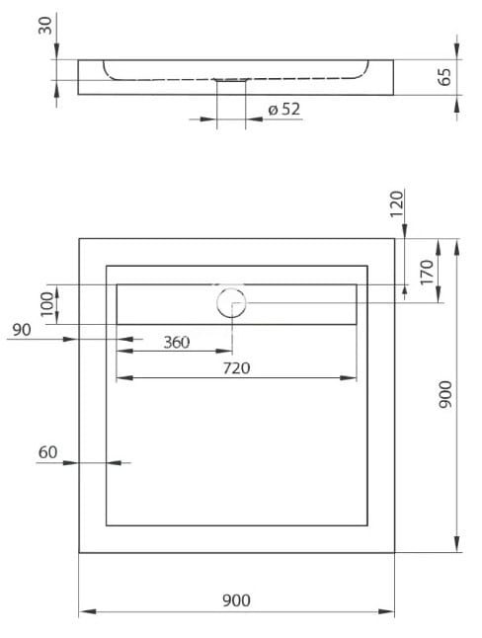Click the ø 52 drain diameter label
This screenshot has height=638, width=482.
284,110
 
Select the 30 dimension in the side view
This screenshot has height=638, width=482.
44,24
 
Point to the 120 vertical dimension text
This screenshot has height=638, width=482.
396,203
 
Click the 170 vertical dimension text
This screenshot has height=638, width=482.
426,271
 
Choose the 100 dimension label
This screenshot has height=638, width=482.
45,303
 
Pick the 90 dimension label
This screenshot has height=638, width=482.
18,330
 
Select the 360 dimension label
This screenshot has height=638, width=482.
176,343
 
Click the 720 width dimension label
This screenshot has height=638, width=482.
236,368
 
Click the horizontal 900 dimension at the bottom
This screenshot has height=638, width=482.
237,600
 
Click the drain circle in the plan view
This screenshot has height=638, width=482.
231,300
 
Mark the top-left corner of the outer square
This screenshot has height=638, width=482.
79,238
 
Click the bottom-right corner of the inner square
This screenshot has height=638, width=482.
368,525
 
